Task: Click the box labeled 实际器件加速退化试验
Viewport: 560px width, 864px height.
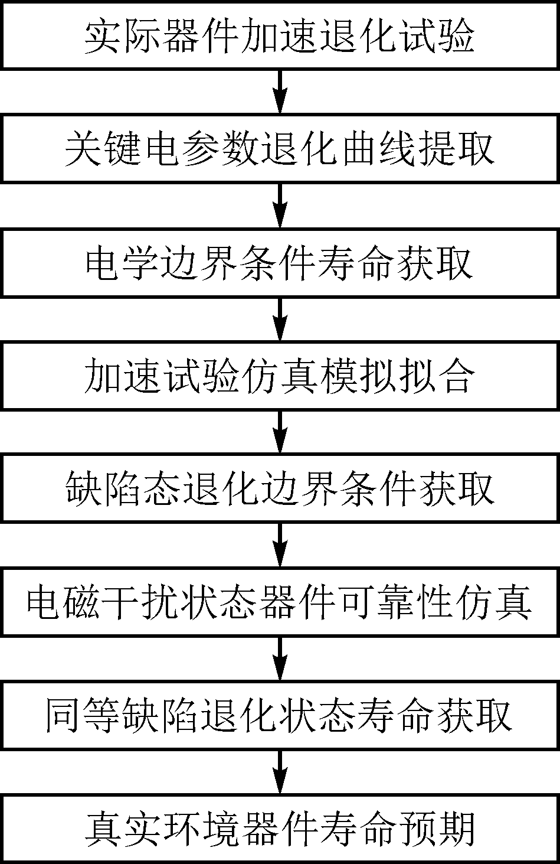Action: pyautogui.click(x=280, y=35)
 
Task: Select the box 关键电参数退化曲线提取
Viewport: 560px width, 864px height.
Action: pyautogui.click(x=280, y=148)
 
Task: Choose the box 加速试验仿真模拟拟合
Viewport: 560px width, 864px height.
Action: pyautogui.click(x=280, y=375)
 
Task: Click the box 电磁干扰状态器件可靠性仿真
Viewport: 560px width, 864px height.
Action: pyautogui.click(x=280, y=602)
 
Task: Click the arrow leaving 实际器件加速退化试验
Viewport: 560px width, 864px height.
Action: pyautogui.click(x=280, y=92)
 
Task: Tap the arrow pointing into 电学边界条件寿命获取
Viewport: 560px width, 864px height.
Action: pyautogui.click(x=280, y=206)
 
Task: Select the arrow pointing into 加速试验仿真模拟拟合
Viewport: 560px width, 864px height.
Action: pyautogui.click(x=280, y=319)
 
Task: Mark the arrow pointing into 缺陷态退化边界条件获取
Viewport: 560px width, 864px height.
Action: pyautogui.click(x=280, y=432)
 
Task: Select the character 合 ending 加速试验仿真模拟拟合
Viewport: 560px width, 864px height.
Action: pyautogui.click(x=456, y=376)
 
